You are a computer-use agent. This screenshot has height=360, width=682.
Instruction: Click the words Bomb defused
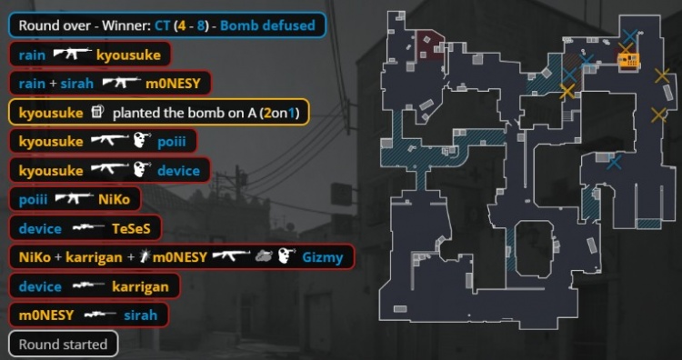pos(267,25)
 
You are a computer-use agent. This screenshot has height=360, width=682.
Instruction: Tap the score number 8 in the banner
pos(201,25)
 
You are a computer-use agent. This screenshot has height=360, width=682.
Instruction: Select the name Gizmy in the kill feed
pos(323,257)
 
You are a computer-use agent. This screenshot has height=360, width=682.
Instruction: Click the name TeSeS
pos(131,229)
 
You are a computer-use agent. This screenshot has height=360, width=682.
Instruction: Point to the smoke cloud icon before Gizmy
pos(264,256)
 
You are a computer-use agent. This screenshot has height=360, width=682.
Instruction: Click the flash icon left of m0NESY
pos(145,257)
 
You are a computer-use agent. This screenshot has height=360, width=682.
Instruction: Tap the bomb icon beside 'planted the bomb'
pos(98,112)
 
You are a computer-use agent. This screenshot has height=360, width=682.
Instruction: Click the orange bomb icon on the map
pos(629,60)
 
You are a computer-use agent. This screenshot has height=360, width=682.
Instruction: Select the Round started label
pos(63,345)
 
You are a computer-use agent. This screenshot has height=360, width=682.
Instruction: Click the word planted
pos(133,113)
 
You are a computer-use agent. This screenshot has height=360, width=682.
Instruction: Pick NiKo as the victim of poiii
pos(114,200)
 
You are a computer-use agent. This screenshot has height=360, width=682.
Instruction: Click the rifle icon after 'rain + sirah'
pos(121,82)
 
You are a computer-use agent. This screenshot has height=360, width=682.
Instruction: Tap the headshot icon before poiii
pos(142,140)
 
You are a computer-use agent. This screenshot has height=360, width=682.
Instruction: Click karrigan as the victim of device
pos(140,287)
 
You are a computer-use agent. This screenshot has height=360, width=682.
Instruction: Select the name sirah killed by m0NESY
pos(140,315)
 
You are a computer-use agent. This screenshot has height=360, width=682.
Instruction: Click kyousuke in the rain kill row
pos(128,55)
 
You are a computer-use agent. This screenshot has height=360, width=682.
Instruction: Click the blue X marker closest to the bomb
pos(630,36)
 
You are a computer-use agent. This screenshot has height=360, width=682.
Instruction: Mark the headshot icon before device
pos(142,169)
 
